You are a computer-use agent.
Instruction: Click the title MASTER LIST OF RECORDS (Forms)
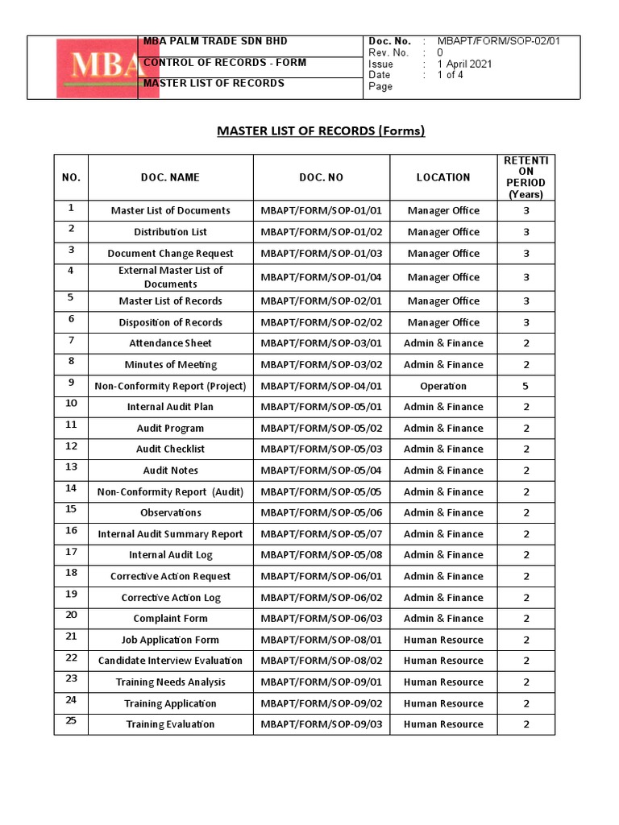[321, 131]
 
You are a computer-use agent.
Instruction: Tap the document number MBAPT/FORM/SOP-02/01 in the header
[498, 41]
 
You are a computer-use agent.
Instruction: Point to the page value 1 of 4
[450, 76]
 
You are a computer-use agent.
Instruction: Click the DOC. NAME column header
[170, 177]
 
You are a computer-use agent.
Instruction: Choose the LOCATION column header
[442, 177]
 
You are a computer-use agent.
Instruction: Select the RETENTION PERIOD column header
[526, 177]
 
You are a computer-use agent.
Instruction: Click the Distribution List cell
[170, 232]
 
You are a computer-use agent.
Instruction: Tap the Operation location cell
[442, 386]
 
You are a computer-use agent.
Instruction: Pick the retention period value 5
[526, 386]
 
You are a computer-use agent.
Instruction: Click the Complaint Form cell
[170, 619]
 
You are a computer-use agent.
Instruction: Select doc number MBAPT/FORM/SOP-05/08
[321, 555]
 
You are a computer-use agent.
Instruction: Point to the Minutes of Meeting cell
[170, 365]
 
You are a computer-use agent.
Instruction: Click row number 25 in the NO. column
[71, 721]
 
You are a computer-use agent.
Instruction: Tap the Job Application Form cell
[170, 640]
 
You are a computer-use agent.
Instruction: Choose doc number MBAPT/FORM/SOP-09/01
[321, 682]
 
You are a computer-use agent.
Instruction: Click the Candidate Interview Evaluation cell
[170, 661]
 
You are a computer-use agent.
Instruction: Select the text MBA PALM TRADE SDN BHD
[214, 41]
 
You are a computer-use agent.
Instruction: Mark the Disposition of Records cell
[170, 322]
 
